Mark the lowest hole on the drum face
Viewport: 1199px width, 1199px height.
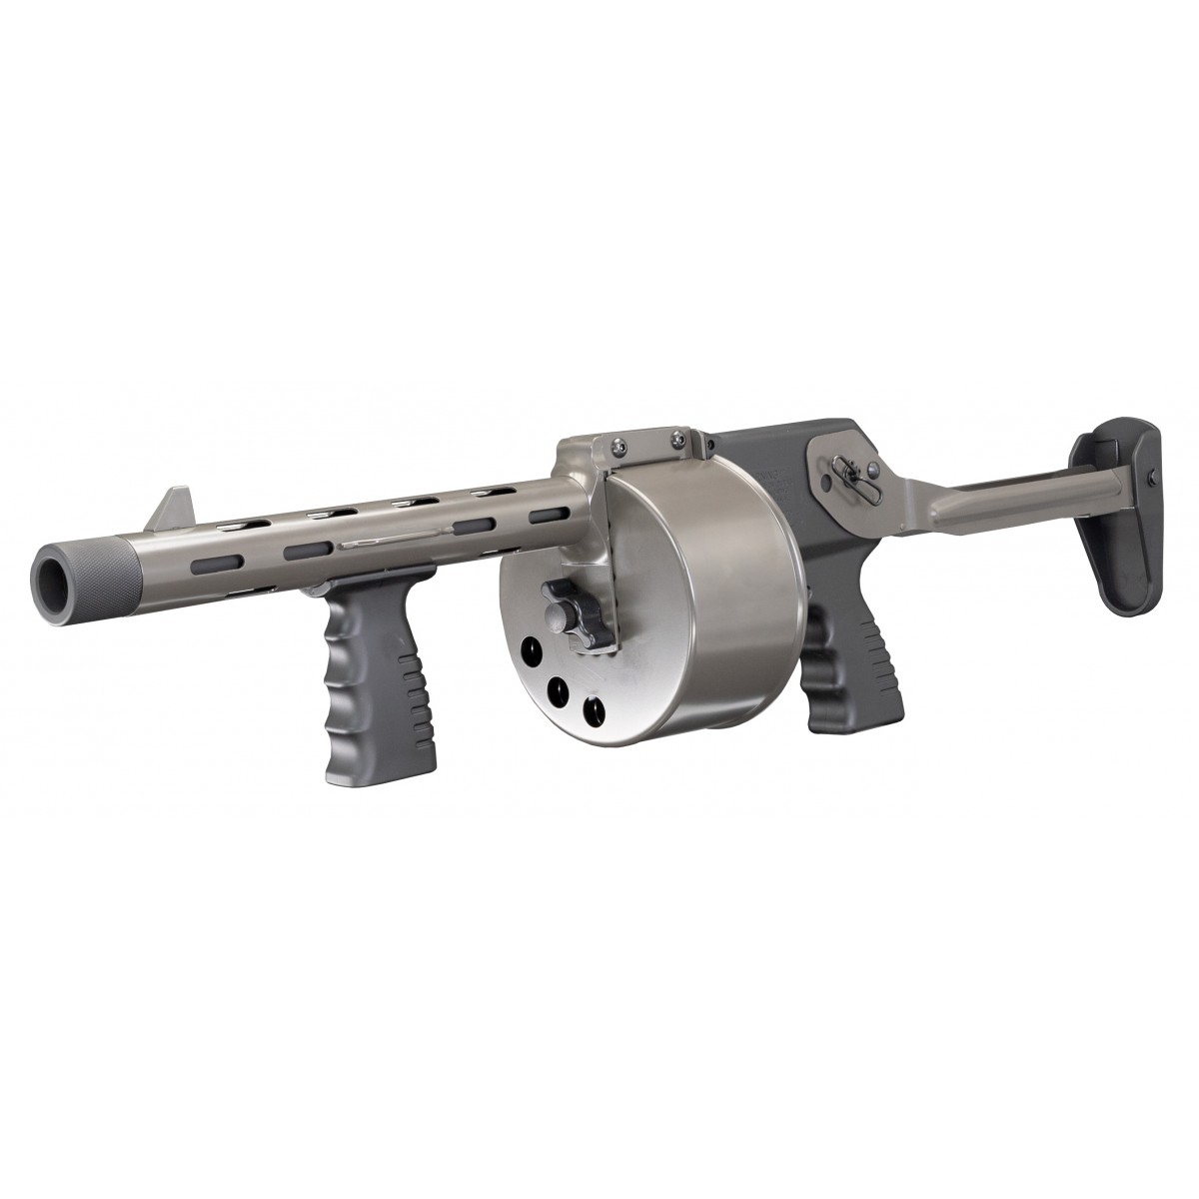point(592,712)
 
